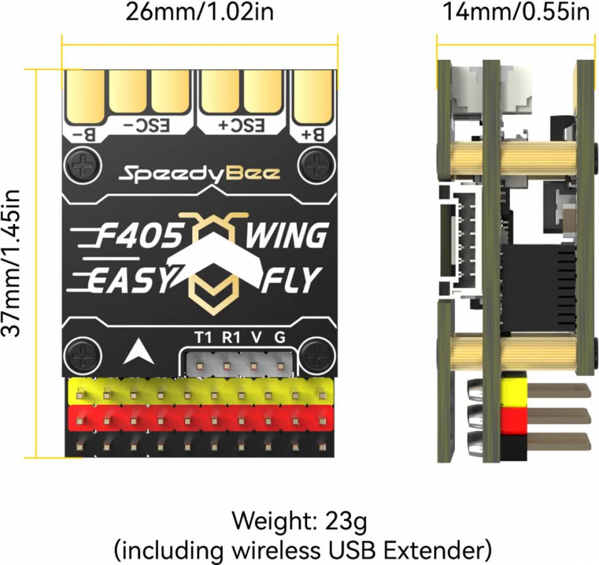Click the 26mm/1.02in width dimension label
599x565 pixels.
point(200,12)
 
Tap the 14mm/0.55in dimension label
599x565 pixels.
point(516,11)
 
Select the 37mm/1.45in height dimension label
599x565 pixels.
point(11,263)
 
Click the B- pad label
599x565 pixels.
point(83,134)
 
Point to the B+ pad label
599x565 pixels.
point(313,134)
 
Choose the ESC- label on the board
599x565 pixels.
point(146,126)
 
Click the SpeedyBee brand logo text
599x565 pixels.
point(200,174)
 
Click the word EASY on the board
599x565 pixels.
point(130,280)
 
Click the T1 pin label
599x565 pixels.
point(203,338)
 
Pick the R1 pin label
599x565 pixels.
point(230,338)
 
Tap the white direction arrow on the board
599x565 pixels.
point(139,351)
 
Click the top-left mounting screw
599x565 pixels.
point(83,166)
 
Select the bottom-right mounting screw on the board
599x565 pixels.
point(316,357)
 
